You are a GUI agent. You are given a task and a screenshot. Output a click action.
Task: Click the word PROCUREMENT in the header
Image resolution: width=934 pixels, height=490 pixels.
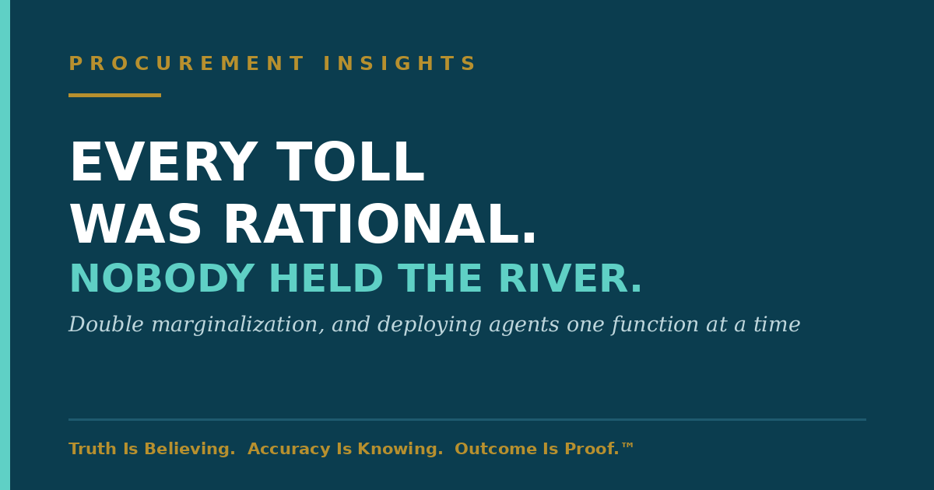(186, 63)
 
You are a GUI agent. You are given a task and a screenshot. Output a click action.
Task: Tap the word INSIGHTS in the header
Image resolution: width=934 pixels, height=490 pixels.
(399, 63)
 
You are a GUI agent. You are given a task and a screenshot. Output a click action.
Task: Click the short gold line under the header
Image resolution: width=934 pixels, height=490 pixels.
(114, 96)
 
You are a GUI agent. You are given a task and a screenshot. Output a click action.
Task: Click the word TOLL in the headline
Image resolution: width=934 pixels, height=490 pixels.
(350, 162)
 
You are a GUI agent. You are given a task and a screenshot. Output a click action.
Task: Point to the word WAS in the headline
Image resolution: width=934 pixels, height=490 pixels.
(135, 224)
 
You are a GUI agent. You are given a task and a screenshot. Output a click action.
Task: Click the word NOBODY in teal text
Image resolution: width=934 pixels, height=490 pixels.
(162, 278)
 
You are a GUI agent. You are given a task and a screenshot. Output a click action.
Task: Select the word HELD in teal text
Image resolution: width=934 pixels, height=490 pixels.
(326, 278)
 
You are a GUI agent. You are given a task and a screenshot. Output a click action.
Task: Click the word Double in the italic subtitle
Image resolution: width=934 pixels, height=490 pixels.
(107, 324)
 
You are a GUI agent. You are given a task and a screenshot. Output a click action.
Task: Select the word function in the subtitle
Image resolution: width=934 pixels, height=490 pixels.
(655, 324)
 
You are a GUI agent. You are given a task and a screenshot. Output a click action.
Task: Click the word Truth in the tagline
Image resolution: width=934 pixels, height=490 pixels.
(93, 449)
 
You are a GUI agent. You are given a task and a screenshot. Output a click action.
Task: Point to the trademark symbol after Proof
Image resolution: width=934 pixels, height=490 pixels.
(627, 446)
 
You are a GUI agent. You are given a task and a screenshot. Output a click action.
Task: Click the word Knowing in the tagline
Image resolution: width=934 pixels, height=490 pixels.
(398, 450)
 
